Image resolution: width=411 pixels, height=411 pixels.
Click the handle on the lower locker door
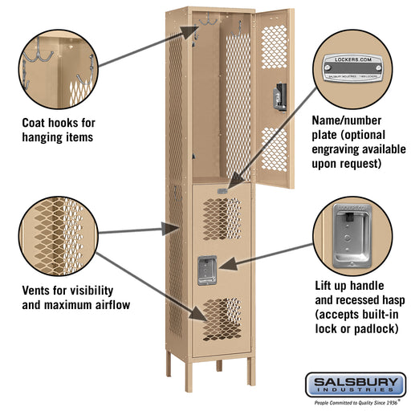207,268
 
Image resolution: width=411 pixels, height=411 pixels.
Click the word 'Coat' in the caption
38,123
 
